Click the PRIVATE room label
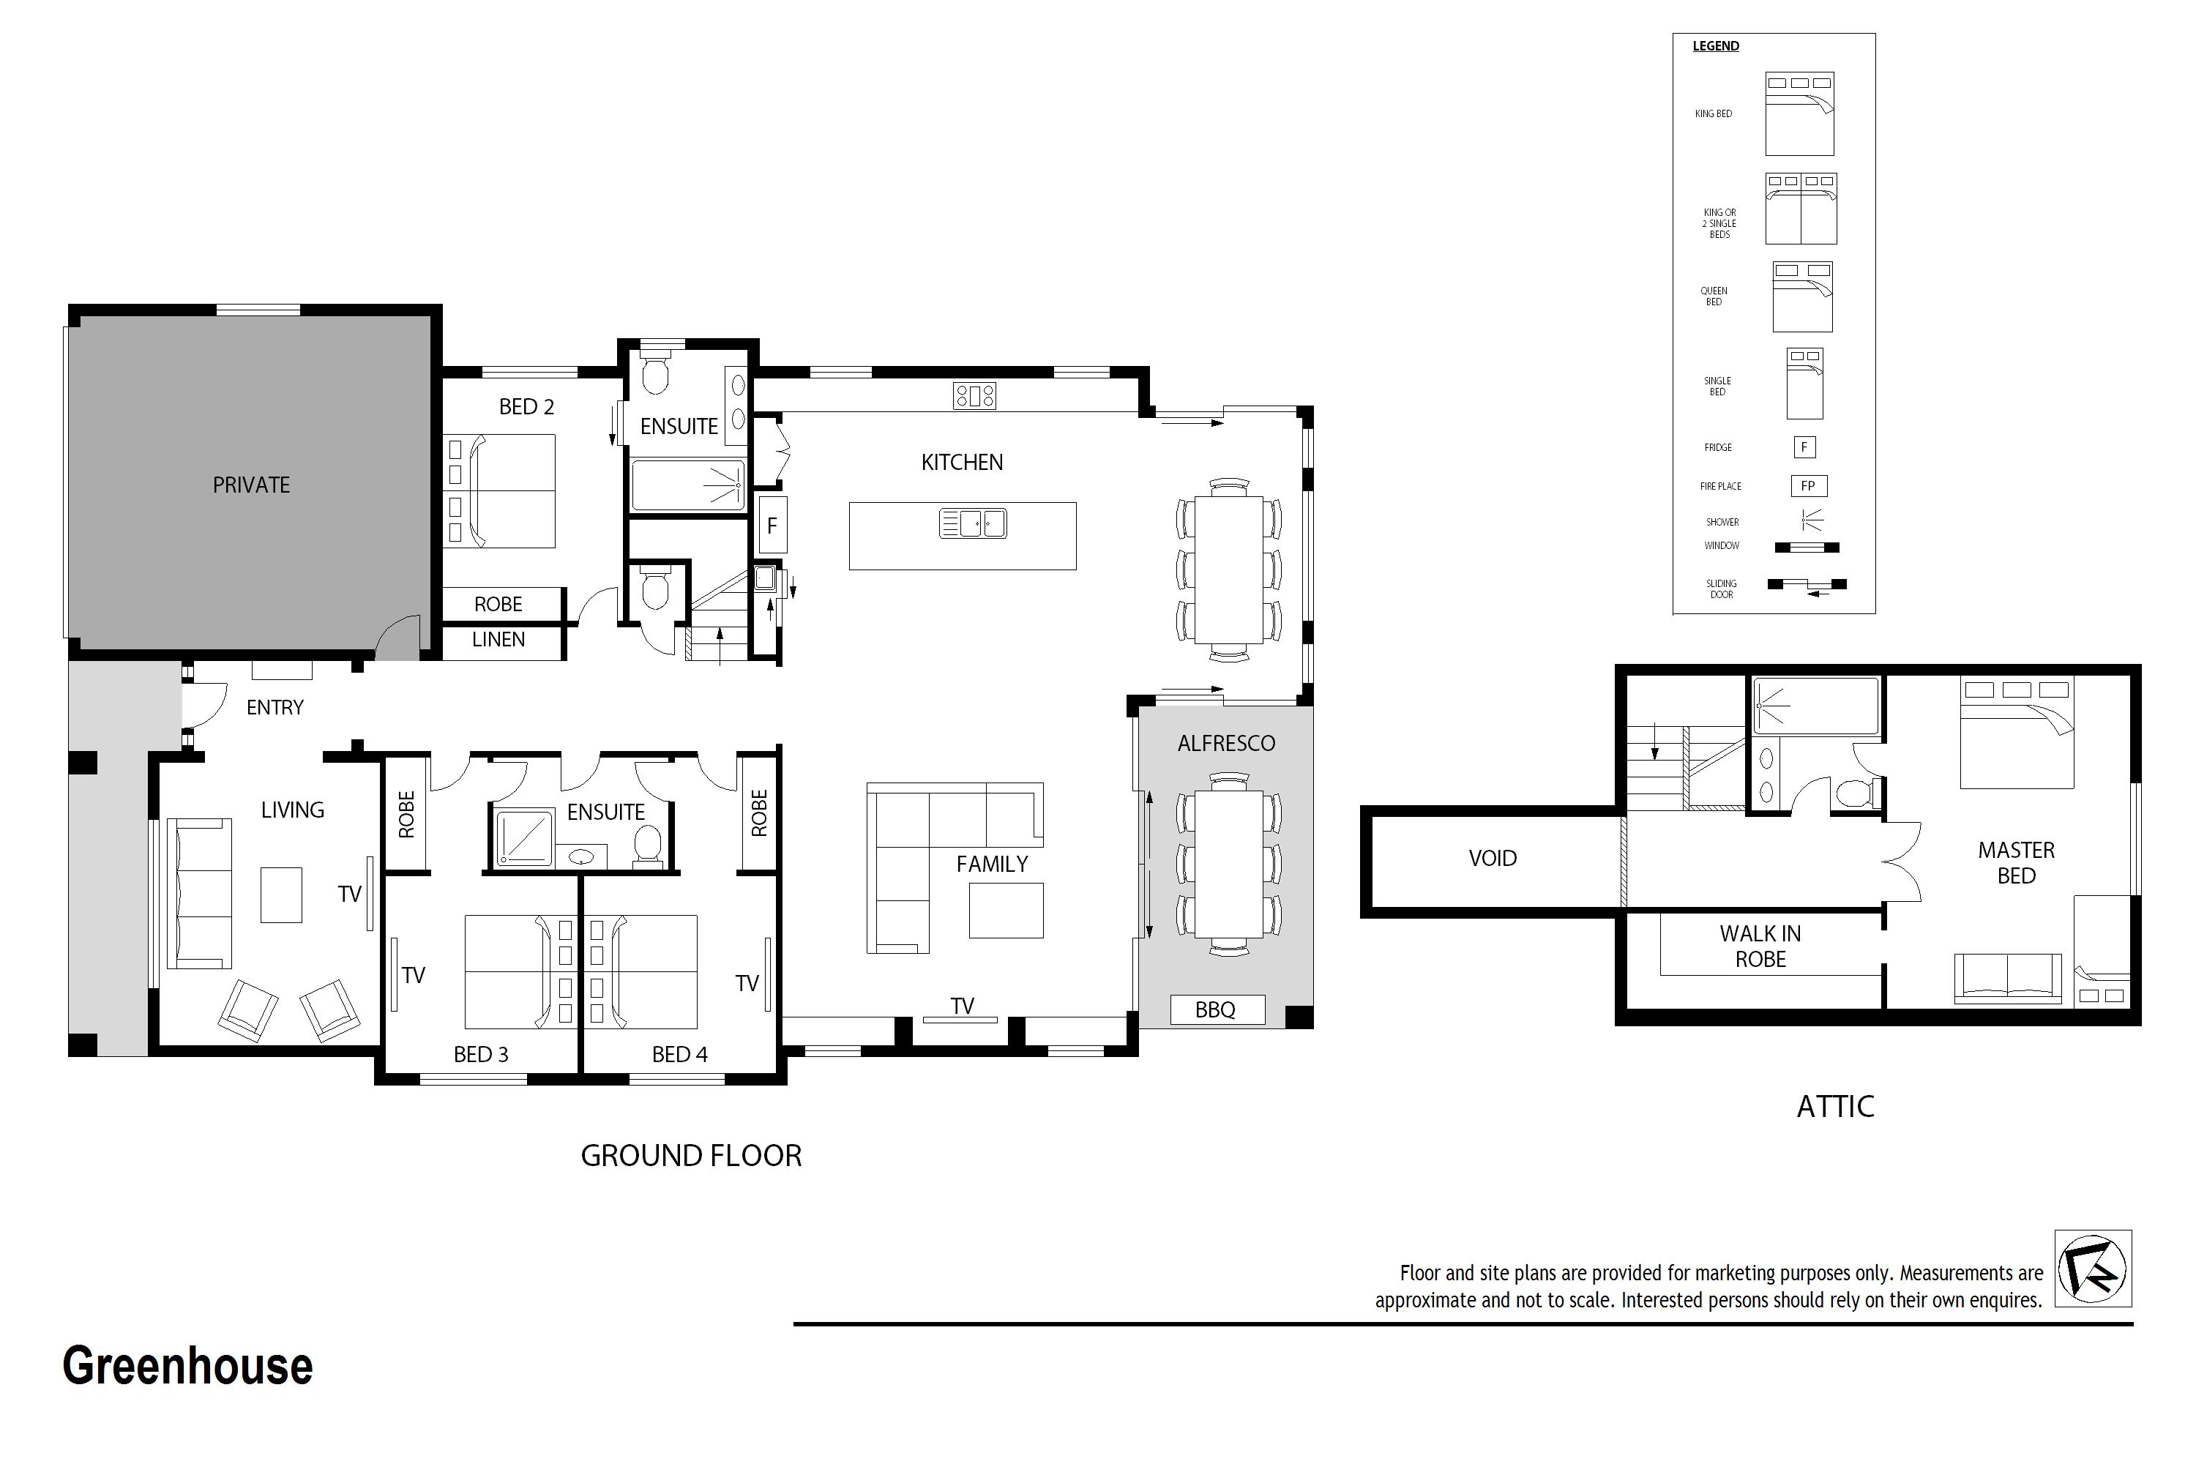pyautogui.click(x=251, y=485)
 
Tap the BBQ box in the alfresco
pyautogui.click(x=1217, y=1009)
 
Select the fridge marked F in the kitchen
pyautogui.click(x=772, y=525)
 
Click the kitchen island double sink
pyautogui.click(x=973, y=524)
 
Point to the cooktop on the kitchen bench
pyautogui.click(x=974, y=396)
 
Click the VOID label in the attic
pyautogui.click(x=1492, y=859)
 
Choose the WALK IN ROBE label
pyautogui.click(x=1760, y=946)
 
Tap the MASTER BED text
pyautogui.click(x=2016, y=863)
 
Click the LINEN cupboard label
pyautogui.click(x=498, y=640)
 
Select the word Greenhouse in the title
pyautogui.click(x=187, y=1366)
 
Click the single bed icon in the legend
pyautogui.click(x=1804, y=384)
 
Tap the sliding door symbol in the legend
pyautogui.click(x=1806, y=586)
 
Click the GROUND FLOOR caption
pyautogui.click(x=691, y=1156)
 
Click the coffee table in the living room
pyautogui.click(x=281, y=895)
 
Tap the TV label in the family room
pyautogui.click(x=963, y=1006)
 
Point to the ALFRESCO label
pyautogui.click(x=1226, y=743)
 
